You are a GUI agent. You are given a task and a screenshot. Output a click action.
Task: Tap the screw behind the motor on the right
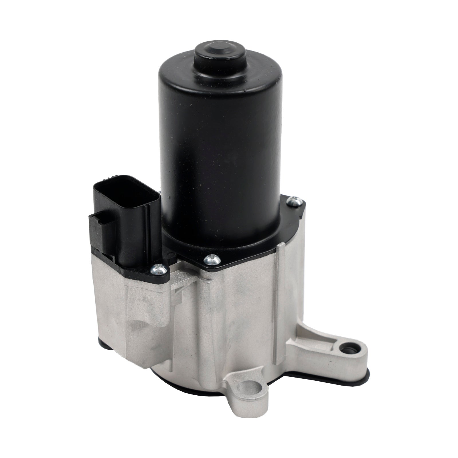pyautogui.click(x=294, y=201)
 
